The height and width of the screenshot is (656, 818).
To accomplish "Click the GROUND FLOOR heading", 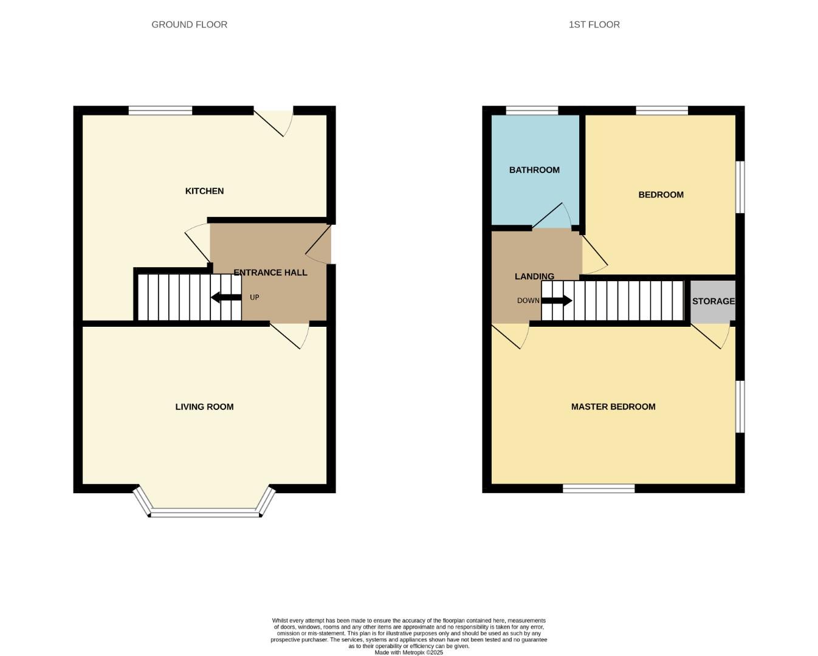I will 189,25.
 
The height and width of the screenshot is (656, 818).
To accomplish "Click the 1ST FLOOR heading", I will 594,25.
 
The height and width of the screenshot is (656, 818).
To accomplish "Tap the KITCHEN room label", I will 204,191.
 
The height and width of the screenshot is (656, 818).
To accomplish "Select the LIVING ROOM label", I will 204,407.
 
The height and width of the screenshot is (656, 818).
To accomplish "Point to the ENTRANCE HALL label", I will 270,273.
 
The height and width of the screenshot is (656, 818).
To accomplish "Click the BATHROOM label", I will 534,170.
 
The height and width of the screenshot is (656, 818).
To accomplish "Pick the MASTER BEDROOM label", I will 613,407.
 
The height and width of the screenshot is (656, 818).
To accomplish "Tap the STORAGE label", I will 713,301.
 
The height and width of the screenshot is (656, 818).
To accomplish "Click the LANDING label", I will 534,276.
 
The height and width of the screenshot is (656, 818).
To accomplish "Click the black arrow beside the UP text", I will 226,298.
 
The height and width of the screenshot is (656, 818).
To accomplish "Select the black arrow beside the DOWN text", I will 556,301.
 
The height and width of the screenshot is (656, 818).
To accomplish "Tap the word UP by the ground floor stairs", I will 254,298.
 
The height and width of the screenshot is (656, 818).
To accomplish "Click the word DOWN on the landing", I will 528,301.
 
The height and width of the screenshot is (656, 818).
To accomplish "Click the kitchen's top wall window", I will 160,111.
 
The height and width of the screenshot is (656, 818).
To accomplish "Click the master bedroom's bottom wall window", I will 599,488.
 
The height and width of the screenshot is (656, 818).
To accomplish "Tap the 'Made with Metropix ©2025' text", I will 408,652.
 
